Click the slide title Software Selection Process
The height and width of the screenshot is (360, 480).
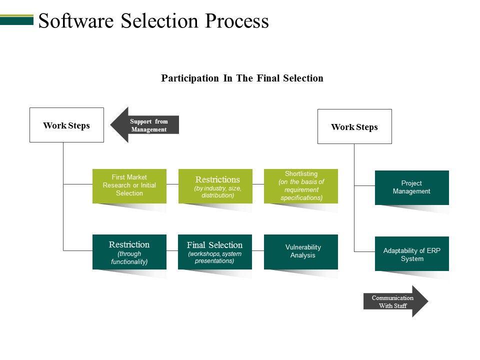(x=153, y=21)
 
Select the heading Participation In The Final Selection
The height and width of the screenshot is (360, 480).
(x=242, y=78)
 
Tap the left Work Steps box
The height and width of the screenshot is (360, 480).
(x=66, y=125)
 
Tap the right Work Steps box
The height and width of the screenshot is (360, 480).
(x=354, y=126)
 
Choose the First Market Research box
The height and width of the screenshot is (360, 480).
(x=129, y=185)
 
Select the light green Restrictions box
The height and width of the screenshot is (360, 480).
(x=217, y=186)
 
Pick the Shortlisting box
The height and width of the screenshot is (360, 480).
(x=301, y=186)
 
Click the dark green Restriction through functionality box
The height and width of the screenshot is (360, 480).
(x=129, y=252)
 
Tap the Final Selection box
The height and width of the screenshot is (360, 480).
(x=214, y=252)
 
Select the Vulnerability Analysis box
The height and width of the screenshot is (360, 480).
(x=301, y=251)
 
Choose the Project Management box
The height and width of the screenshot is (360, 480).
(x=411, y=187)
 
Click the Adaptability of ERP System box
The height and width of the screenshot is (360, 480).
(x=411, y=254)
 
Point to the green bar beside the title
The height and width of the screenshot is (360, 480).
(x=16, y=20)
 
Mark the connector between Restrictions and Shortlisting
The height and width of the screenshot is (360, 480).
(x=258, y=184)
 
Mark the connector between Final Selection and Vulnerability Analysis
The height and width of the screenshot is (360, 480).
(x=258, y=250)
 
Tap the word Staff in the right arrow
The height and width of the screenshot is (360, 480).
(x=399, y=306)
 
